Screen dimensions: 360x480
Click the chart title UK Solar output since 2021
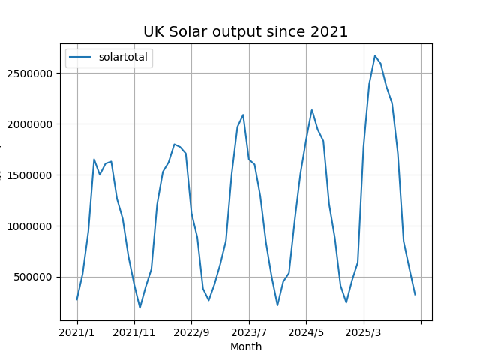(246, 31)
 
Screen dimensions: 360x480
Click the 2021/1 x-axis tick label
(77, 331)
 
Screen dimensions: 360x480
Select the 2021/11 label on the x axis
(134, 331)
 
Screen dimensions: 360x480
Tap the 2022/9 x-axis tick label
(191, 331)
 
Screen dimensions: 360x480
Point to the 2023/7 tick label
(249, 331)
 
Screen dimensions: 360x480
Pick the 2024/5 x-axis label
(306, 331)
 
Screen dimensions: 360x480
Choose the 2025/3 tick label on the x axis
(364, 331)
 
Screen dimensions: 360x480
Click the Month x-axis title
(246, 346)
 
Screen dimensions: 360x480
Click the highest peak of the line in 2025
(375, 55)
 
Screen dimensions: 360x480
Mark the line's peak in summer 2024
(312, 109)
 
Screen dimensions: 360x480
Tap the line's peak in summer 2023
(243, 115)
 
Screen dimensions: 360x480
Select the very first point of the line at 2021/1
(77, 299)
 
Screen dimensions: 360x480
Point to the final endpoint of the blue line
(415, 294)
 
